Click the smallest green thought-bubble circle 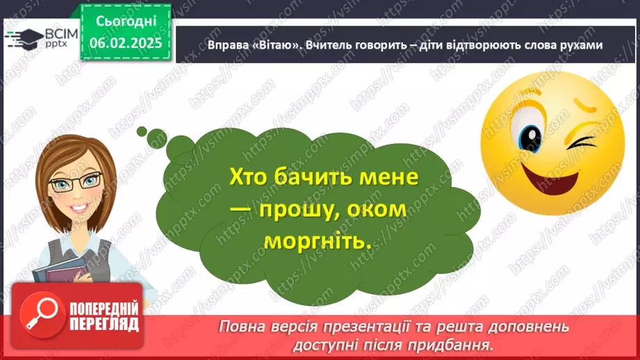pos(142,131)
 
